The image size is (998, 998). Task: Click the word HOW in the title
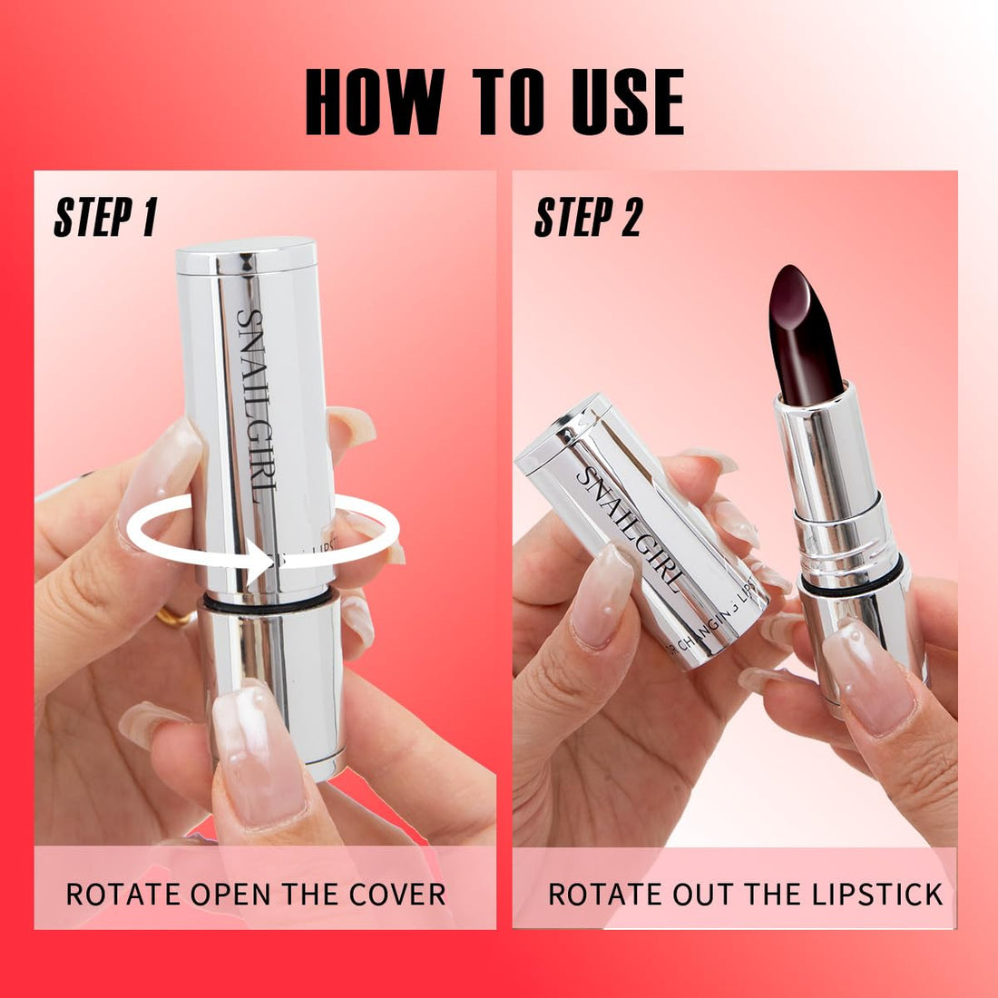coord(374,103)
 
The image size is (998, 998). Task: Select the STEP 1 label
coord(105,219)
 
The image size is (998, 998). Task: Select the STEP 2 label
coord(588,219)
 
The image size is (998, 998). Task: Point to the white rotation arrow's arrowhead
coord(268,561)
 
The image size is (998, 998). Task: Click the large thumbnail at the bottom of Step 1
coord(258,753)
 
